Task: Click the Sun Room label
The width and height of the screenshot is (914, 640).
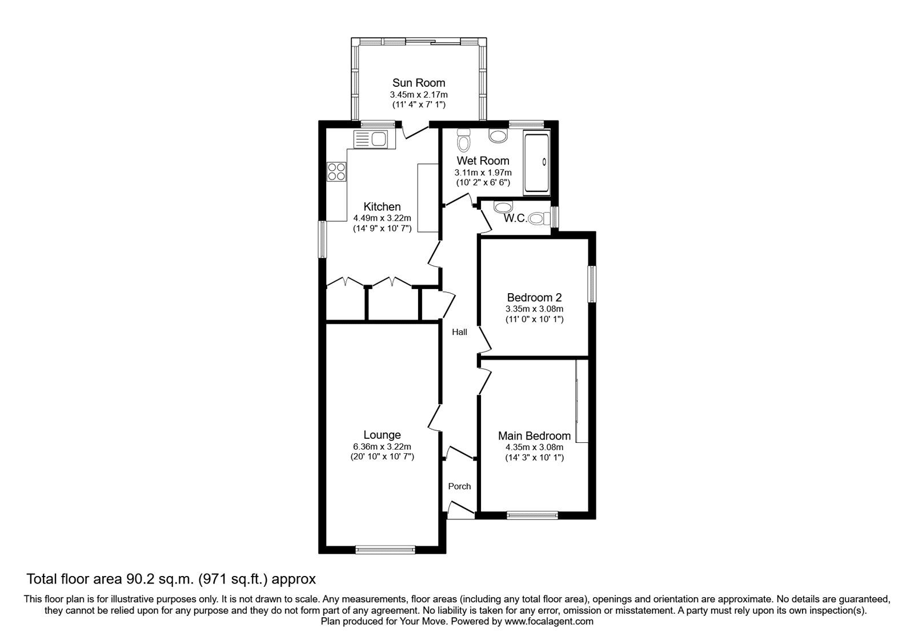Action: (419, 83)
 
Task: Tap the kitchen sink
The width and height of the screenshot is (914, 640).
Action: (89, 139)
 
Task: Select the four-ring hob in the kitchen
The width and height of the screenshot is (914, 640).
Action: (336, 171)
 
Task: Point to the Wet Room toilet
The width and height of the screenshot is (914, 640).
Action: (463, 140)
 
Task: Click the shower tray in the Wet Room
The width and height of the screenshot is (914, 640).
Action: (537, 163)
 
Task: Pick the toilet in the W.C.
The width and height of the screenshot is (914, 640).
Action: (539, 219)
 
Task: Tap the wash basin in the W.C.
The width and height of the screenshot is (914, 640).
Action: (503, 206)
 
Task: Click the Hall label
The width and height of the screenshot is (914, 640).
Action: (459, 332)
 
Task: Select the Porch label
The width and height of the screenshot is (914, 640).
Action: (459, 486)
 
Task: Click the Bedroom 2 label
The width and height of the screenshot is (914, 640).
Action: (535, 297)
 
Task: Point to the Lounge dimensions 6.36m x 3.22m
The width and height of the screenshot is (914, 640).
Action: (382, 447)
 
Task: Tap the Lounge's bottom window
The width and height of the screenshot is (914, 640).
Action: (385, 550)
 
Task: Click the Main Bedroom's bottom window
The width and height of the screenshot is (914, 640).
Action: (532, 515)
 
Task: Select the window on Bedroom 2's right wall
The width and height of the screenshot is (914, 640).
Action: (592, 285)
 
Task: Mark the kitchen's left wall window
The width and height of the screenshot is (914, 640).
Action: (322, 239)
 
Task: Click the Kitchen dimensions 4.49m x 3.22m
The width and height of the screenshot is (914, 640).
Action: (382, 218)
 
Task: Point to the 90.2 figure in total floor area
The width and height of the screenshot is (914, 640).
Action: (140, 579)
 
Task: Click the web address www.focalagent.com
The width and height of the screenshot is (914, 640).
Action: (549, 621)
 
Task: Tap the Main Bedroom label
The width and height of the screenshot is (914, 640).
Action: (535, 436)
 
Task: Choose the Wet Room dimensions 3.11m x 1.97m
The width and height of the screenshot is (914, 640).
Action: (483, 173)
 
